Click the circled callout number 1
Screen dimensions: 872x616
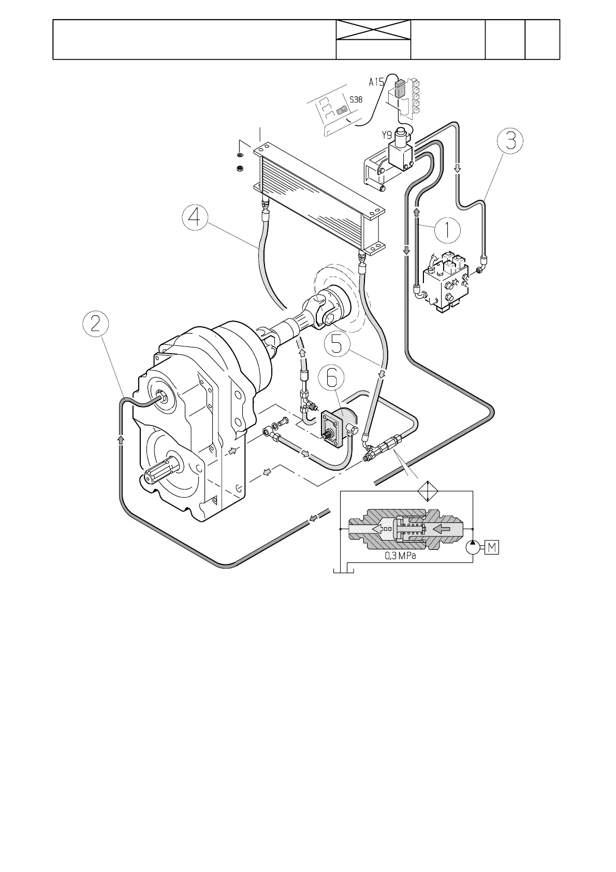click(x=447, y=229)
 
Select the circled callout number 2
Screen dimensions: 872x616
click(x=96, y=324)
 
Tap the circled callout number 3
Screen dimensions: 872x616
click(x=510, y=140)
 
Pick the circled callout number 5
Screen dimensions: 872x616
click(x=337, y=343)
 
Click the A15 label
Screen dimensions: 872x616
click(x=376, y=82)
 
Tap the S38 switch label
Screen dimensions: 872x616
click(x=356, y=99)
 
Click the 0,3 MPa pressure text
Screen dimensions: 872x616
click(x=400, y=556)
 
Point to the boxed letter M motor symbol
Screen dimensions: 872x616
click(x=492, y=547)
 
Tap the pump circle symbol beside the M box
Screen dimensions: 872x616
click(x=473, y=547)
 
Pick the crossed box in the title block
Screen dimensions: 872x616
click(x=373, y=31)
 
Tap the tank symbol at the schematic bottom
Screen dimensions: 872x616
click(x=342, y=570)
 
